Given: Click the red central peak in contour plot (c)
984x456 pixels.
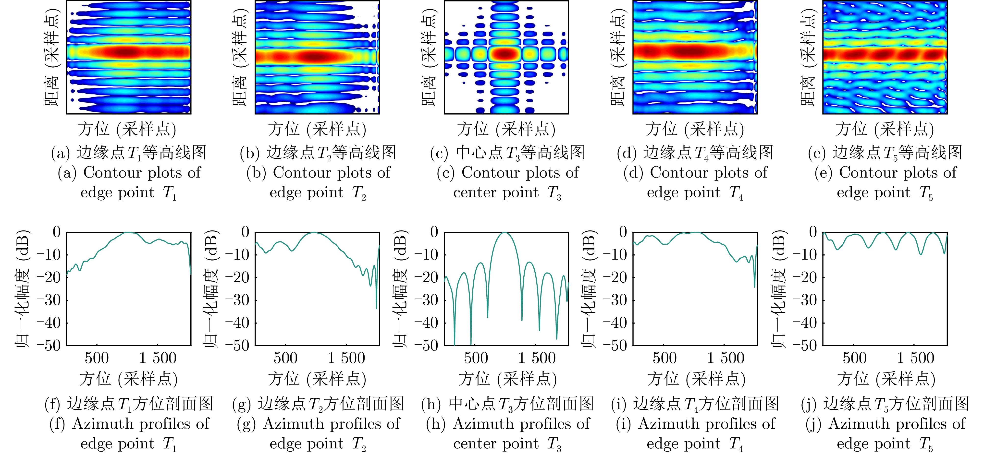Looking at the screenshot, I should click(x=505, y=53).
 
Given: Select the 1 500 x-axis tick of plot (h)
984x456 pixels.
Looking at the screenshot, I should click(x=537, y=359).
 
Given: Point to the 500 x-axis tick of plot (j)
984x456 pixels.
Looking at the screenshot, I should click(x=854, y=359).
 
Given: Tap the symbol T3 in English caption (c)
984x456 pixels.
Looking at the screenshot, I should click(x=554, y=193).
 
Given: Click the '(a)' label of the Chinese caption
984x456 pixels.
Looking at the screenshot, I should click(x=60, y=153).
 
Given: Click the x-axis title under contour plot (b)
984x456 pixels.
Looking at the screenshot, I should click(x=317, y=129).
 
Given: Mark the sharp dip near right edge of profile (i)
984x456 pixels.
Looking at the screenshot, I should click(x=754, y=287).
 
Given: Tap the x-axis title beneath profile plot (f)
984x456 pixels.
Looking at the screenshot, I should click(x=128, y=379).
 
